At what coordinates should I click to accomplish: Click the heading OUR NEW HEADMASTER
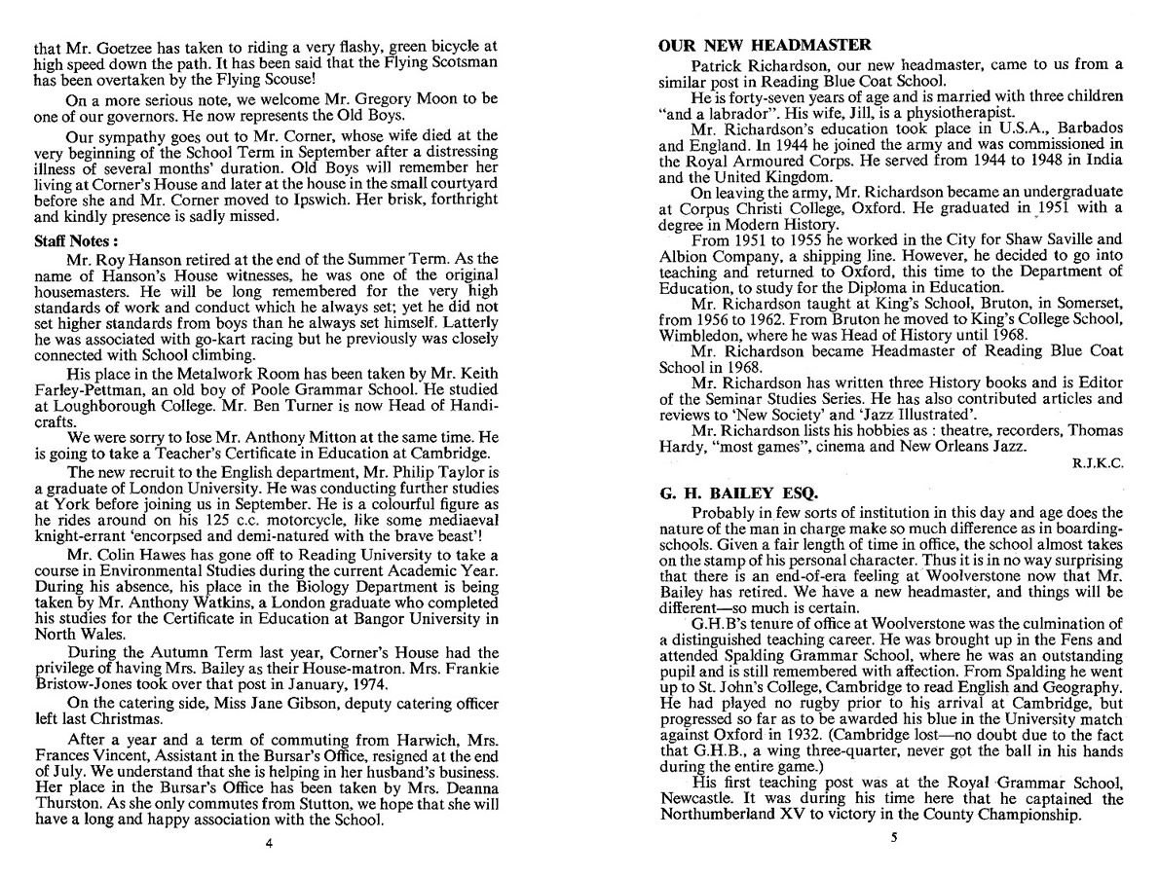[765, 45]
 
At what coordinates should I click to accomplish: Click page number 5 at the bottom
[892, 836]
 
